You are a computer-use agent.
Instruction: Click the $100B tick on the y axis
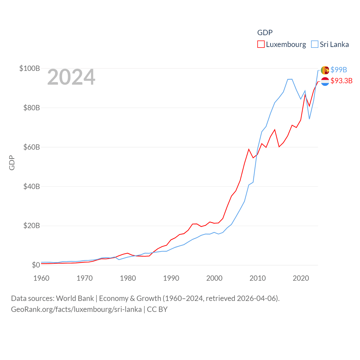pos(30,68)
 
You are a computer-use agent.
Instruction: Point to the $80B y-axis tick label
pos(31,108)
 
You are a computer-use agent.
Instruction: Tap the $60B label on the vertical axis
pos(31,147)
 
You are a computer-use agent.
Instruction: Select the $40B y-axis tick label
pos(31,186)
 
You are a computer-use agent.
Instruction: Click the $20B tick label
pos(31,226)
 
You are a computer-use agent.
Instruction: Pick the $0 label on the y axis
pos(36,265)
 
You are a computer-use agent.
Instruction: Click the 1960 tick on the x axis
pos(41,278)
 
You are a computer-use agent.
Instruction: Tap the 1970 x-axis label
pos(85,278)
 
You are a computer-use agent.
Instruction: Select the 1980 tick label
pos(128,278)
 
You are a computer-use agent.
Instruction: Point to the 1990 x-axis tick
pos(171,278)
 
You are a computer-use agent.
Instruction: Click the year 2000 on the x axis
pos(214,278)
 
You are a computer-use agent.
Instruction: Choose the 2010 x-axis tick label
pos(258,278)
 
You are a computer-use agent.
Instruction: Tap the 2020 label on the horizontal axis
pos(301,278)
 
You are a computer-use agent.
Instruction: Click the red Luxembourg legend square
pos(261,44)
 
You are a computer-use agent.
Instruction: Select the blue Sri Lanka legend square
pos(315,44)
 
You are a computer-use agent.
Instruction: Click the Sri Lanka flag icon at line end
pos(325,70)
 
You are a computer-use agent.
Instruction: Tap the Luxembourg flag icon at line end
pos(325,82)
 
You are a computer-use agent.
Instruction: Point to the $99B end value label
pos(339,70)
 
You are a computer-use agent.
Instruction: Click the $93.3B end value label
pos(341,81)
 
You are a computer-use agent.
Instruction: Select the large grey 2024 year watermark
pos(71,77)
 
